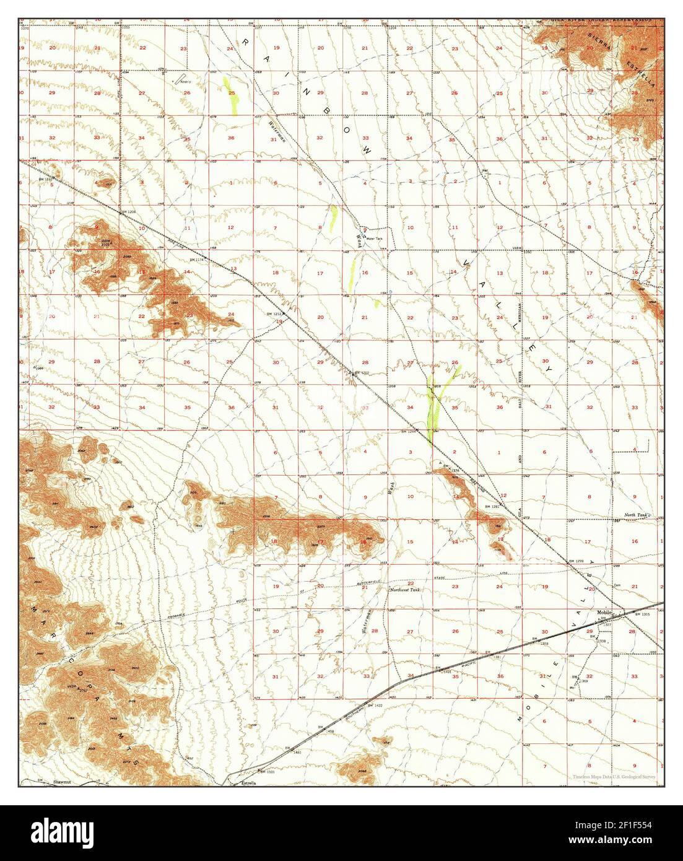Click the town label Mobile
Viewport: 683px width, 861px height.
pyautogui.click(x=604, y=612)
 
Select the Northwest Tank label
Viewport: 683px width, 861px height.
pyautogui.click(x=405, y=590)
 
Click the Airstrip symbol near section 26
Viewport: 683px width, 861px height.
pyautogui.click(x=182, y=79)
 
